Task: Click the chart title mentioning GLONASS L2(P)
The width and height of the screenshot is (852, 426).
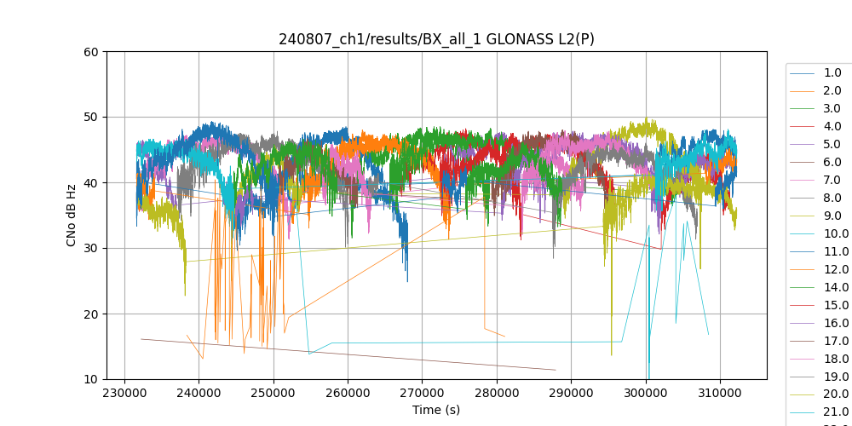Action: pyautogui.click(x=436, y=39)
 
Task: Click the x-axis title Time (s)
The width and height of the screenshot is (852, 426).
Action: pyautogui.click(x=436, y=410)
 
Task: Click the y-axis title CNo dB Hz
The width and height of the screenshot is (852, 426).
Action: pyautogui.click(x=72, y=216)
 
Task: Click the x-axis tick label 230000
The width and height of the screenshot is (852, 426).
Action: pyautogui.click(x=125, y=394)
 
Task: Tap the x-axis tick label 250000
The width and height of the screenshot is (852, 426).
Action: pyautogui.click(x=273, y=394)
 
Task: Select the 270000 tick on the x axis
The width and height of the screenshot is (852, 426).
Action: pyautogui.click(x=423, y=394)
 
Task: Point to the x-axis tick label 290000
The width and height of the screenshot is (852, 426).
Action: pyautogui.click(x=572, y=394)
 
